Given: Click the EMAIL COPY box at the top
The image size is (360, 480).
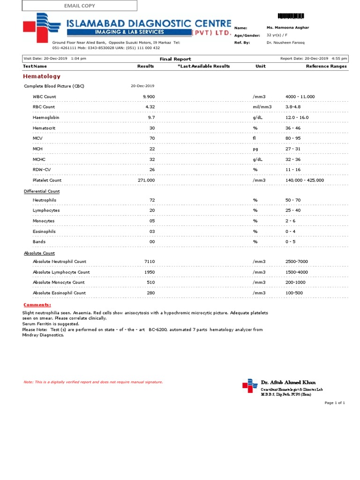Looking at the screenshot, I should pyautogui.click(x=79, y=6).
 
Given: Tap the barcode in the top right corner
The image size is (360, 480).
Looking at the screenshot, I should pyautogui.click(x=291, y=16).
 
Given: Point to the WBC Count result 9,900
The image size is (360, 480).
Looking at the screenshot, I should pyautogui.click(x=149, y=97).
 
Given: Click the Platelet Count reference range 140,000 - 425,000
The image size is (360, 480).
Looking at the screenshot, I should pyautogui.click(x=304, y=180).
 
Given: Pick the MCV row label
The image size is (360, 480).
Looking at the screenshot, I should pyautogui.click(x=37, y=138).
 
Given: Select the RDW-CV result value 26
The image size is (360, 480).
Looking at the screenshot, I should pyautogui.click(x=151, y=170).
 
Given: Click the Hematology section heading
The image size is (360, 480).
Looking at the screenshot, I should pyautogui.click(x=42, y=76).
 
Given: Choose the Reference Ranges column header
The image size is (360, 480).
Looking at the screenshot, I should pyautogui.click(x=326, y=66).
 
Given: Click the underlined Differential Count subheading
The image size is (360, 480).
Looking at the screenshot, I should pyautogui.click(x=42, y=191).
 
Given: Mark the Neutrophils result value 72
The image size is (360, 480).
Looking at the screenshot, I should pyautogui.click(x=152, y=200).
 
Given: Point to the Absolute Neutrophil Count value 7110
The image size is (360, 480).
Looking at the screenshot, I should pyautogui.click(x=150, y=262).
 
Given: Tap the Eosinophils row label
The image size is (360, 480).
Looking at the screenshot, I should pyautogui.click(x=44, y=232).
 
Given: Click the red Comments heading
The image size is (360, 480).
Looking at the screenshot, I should pyautogui.click(x=37, y=305).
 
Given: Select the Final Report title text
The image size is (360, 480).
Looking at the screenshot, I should pyautogui.click(x=175, y=59).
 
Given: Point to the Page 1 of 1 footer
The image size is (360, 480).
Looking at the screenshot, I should pyautogui.click(x=335, y=403).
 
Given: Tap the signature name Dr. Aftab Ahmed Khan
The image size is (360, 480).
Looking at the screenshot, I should pyautogui.click(x=288, y=382).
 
